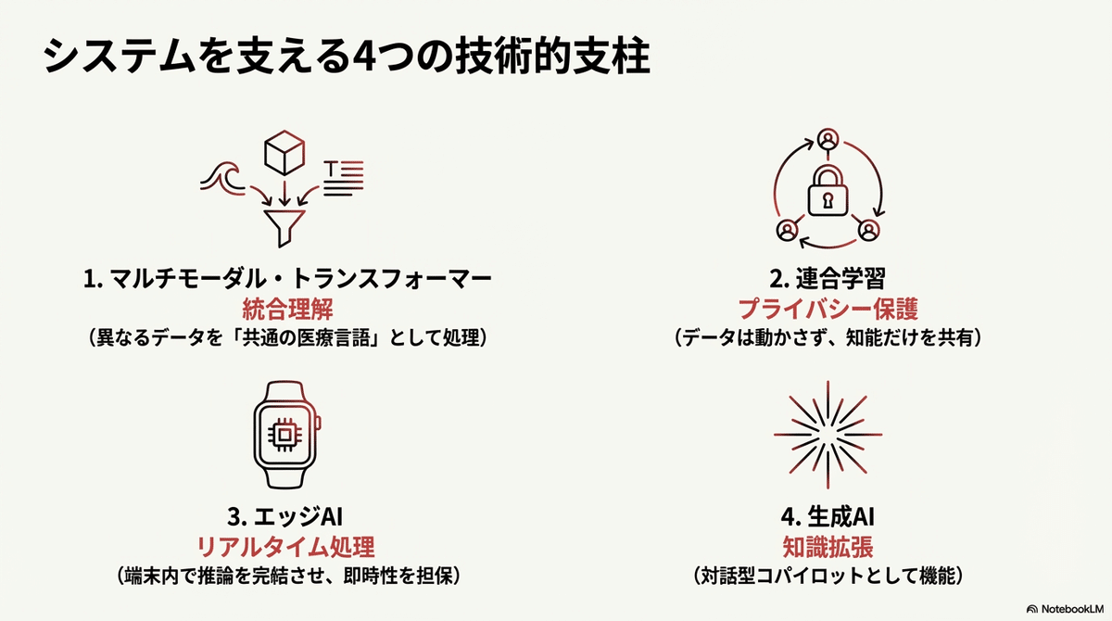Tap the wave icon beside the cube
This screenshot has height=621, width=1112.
[221, 177]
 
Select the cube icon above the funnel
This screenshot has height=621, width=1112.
[284, 154]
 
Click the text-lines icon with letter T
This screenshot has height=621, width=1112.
[343, 176]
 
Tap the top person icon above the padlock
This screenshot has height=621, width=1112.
[828, 140]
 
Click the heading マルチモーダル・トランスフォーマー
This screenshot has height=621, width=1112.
[285, 279]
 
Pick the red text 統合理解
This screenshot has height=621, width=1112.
[285, 309]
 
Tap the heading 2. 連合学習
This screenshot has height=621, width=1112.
[828, 279]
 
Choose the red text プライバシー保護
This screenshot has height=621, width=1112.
[828, 309]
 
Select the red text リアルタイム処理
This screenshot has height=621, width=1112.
[285, 546]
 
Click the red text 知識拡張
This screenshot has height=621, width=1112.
[828, 546]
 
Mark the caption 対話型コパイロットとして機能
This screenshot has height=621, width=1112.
[828, 577]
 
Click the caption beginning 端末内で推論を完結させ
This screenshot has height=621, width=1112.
[285, 577]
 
